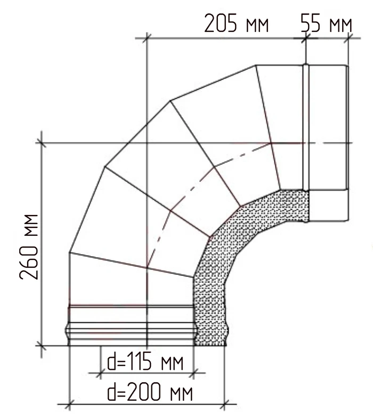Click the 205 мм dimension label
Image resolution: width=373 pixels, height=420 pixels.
[x=237, y=23]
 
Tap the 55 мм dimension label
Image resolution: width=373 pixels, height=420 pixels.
[x=326, y=23]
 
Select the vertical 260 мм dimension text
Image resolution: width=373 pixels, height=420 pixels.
[x=29, y=247]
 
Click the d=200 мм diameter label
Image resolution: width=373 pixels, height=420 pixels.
[x=150, y=392]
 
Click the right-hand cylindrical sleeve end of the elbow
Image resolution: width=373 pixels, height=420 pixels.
[x=329, y=144]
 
